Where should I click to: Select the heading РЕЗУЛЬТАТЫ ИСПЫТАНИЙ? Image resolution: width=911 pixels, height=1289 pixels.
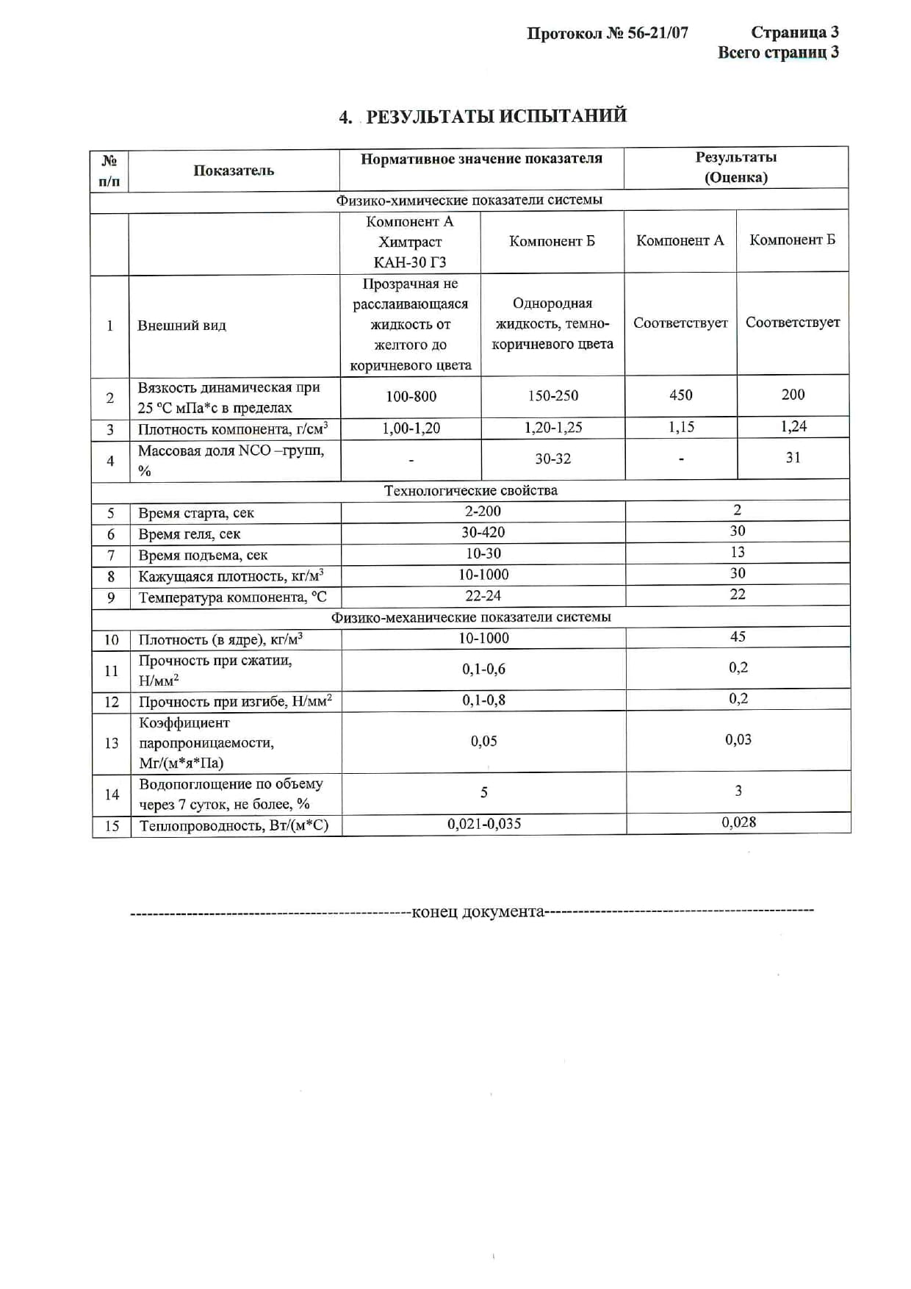click(x=496, y=116)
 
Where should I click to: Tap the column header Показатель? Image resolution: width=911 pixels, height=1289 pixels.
click(x=234, y=170)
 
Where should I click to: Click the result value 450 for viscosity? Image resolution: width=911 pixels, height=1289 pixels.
click(x=680, y=395)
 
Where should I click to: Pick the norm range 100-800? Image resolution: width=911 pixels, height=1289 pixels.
click(x=411, y=397)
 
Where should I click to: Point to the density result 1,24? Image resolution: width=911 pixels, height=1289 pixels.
click(x=793, y=427)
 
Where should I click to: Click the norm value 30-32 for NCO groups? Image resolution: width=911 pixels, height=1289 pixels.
click(x=552, y=459)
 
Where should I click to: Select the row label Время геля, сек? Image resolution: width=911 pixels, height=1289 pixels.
click(x=189, y=534)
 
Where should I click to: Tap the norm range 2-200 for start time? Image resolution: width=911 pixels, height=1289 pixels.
click(x=483, y=511)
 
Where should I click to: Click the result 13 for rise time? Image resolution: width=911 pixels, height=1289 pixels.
click(x=737, y=553)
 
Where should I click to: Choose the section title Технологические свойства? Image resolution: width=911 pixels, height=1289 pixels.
click(x=470, y=491)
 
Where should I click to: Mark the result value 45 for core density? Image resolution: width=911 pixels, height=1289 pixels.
click(x=738, y=637)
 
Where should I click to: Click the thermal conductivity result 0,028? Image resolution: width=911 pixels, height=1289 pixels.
click(x=738, y=823)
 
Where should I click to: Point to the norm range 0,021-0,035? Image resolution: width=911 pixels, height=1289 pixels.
click(x=484, y=825)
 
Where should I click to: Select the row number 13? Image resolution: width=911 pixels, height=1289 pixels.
click(x=111, y=744)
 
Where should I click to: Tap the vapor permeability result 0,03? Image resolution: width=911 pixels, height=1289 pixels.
click(x=738, y=740)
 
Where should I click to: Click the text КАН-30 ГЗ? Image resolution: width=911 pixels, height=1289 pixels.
click(x=410, y=262)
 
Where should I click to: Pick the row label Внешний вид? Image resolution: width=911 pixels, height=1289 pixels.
click(x=181, y=326)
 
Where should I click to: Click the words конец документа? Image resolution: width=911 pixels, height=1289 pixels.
click(x=478, y=912)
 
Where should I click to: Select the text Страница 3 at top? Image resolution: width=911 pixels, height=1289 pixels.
click(x=794, y=32)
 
